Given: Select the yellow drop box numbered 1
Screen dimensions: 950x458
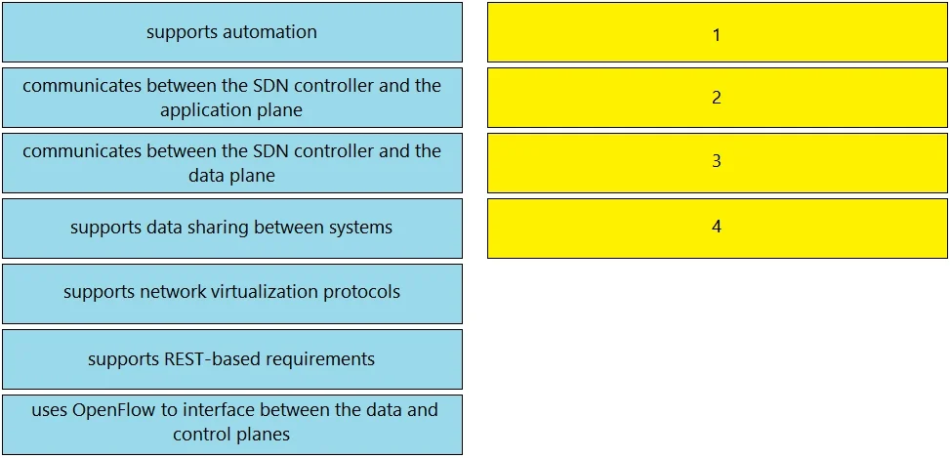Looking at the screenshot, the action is click(x=718, y=32).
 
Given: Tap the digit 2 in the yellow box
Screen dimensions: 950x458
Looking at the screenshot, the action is click(x=717, y=98).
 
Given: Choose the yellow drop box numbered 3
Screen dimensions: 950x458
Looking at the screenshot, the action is click(x=718, y=163).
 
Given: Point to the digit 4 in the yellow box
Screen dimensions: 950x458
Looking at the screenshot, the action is click(x=717, y=227).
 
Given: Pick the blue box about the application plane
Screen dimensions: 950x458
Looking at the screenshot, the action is click(x=232, y=98).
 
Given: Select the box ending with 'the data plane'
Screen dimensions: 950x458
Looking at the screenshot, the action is click(x=232, y=163).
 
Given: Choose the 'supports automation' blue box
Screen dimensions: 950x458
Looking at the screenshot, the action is click(x=232, y=32).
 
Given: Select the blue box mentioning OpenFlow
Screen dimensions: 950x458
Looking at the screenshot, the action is click(x=232, y=425).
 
